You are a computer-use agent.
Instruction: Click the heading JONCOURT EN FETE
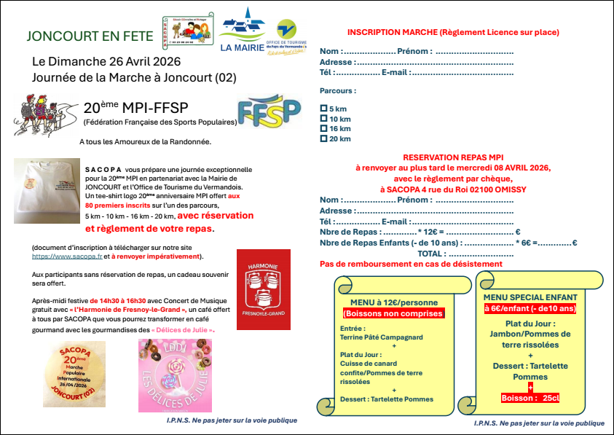tap(90, 36)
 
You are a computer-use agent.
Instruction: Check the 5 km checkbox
tap(323, 109)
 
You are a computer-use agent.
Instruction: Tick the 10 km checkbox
tap(323, 119)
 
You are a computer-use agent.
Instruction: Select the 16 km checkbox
tap(323, 128)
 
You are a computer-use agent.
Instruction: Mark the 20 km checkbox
tap(323, 138)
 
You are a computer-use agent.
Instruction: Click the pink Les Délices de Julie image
tap(175, 376)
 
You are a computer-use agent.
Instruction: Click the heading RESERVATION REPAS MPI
tap(453, 157)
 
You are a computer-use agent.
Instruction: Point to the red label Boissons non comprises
tap(393, 313)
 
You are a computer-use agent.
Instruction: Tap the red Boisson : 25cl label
tap(530, 398)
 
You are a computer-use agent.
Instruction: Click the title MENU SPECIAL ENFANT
tap(530, 297)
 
